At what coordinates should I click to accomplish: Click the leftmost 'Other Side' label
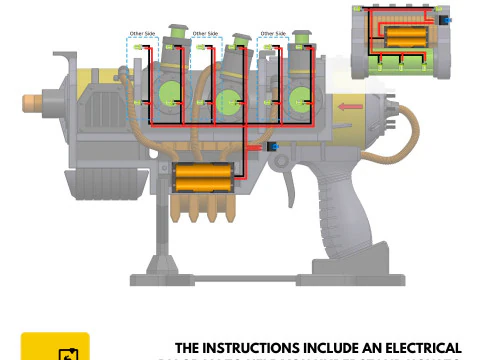pos(143,33)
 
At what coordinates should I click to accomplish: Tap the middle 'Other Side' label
pos(206,33)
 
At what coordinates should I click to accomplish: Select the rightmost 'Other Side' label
pos(272,33)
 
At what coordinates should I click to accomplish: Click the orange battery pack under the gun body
pos(204,179)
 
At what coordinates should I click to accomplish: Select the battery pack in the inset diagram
pos(406,39)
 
